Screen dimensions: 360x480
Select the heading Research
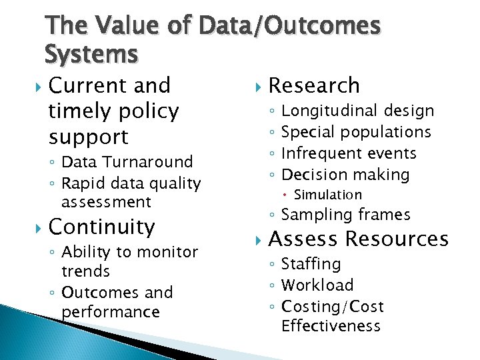(313, 85)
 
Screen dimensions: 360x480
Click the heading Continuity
(102, 227)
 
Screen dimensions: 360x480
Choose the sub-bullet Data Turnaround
(127, 161)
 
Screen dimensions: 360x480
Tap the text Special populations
(356, 132)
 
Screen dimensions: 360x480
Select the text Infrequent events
(349, 153)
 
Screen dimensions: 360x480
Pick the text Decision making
(345, 175)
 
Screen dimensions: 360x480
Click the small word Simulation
(328, 195)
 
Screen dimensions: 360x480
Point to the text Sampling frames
(346, 215)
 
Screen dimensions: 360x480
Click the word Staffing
(311, 264)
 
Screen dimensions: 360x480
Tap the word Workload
(317, 285)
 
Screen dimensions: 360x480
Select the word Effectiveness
(331, 326)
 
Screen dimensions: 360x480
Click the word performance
(111, 312)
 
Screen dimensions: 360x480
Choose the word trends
(85, 271)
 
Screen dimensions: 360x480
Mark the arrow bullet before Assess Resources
(259, 239)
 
